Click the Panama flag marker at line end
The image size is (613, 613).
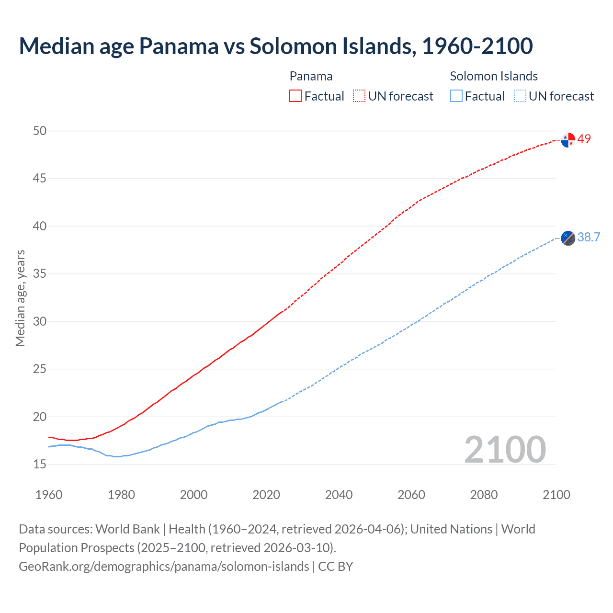[568, 140]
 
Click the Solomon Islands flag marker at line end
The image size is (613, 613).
[568, 238]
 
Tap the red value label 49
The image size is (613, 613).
[584, 139]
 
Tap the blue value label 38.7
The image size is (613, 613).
[589, 237]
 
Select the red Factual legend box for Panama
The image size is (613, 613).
[295, 96]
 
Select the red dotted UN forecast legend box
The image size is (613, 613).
[359, 96]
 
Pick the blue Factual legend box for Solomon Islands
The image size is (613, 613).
[456, 96]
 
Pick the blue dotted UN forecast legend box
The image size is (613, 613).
[520, 96]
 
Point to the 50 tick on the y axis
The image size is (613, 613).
[40, 131]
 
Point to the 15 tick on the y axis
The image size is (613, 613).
[40, 464]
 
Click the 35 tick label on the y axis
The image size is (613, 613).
[40, 274]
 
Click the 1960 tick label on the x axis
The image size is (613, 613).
[49, 495]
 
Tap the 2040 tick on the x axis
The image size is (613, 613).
[339, 495]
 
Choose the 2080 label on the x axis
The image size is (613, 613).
[484, 495]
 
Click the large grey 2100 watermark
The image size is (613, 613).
[505, 449]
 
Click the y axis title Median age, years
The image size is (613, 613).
[20, 298]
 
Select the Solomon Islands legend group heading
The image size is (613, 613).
[493, 76]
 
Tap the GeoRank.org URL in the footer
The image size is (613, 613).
[164, 566]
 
